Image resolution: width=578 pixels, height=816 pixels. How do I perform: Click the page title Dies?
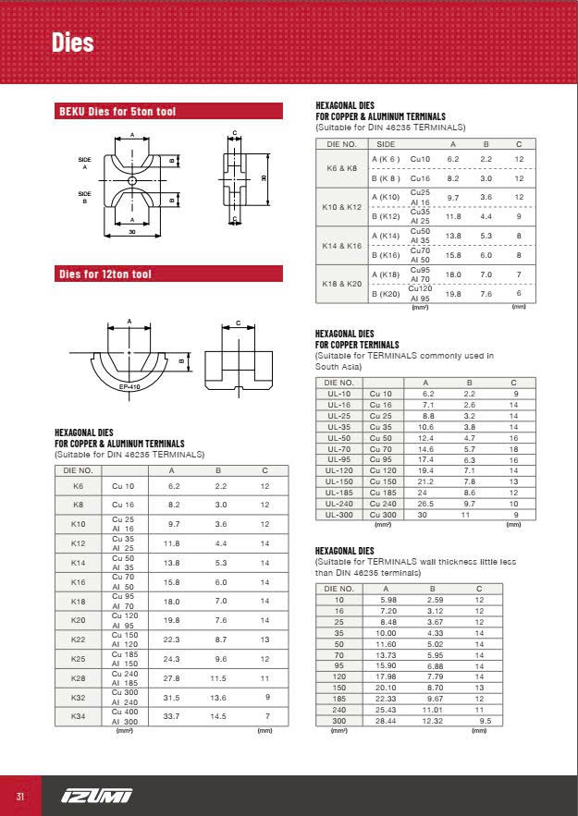click(x=72, y=43)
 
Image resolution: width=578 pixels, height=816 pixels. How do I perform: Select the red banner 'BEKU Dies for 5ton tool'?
click(x=117, y=112)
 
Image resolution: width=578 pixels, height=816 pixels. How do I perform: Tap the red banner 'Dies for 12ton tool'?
click(x=105, y=274)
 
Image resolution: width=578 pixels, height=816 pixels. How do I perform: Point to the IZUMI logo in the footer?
click(x=97, y=796)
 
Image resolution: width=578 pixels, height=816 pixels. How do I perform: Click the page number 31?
click(x=19, y=797)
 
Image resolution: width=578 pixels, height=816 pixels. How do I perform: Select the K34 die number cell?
click(x=78, y=717)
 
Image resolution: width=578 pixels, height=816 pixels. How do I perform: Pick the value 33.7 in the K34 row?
click(x=173, y=717)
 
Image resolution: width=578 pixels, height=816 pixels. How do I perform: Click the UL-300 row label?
click(x=339, y=514)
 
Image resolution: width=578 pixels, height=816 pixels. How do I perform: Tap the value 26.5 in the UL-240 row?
click(x=425, y=504)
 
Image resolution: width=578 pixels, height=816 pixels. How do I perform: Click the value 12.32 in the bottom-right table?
click(x=433, y=720)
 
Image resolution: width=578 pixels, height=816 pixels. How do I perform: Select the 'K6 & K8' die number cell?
click(x=342, y=168)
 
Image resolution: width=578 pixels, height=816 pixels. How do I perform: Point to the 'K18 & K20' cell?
click(x=342, y=284)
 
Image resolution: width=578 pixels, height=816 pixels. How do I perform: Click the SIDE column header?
click(x=387, y=145)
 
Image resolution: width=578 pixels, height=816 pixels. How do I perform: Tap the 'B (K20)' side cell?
click(x=386, y=293)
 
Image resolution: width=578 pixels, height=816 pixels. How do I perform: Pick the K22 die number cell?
click(x=78, y=639)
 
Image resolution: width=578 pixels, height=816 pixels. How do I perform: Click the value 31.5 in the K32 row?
click(x=173, y=698)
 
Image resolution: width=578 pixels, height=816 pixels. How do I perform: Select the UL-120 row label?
click(x=339, y=470)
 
